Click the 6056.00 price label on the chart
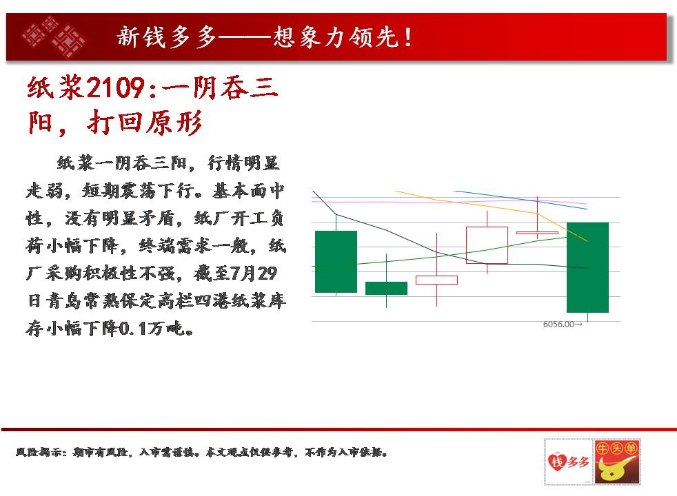tap(563, 324)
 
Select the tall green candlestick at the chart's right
tap(587, 267)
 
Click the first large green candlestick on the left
tap(336, 261)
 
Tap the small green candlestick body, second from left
tap(387, 288)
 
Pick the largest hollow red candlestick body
tap(487, 245)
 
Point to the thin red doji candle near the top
tap(537, 233)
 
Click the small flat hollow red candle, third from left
tap(436, 280)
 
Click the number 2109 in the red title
tap(115, 88)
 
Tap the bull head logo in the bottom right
tap(617, 462)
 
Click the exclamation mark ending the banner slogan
tap(408, 37)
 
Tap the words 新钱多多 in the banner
tap(166, 37)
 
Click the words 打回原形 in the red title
tap(145, 123)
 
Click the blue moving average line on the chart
tap(521, 200)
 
